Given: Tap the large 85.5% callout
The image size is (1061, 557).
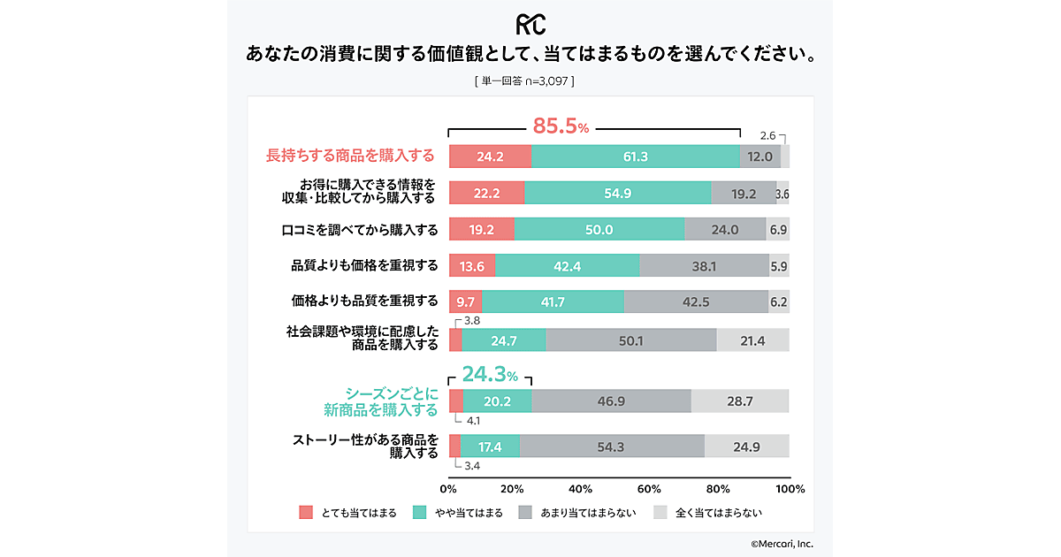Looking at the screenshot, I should (560, 126).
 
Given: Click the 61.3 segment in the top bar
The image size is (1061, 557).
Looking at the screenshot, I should (635, 156).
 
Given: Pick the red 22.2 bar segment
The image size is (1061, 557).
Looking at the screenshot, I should (486, 194).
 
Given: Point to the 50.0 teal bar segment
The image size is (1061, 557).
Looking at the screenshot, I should (599, 230).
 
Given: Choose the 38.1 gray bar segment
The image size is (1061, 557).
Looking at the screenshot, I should (704, 266).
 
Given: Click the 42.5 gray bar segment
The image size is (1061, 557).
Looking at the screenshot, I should (696, 302).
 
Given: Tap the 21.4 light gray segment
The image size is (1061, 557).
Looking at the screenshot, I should (752, 340).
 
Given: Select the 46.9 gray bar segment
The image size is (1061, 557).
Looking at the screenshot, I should (611, 401).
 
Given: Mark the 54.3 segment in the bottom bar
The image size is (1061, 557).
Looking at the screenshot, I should (611, 447).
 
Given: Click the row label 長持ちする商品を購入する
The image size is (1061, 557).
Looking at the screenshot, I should (350, 156).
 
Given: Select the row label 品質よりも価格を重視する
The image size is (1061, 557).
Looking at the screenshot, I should (363, 266).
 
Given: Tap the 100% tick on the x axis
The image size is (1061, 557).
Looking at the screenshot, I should (789, 489).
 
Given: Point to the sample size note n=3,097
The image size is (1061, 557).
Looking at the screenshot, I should (524, 81).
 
